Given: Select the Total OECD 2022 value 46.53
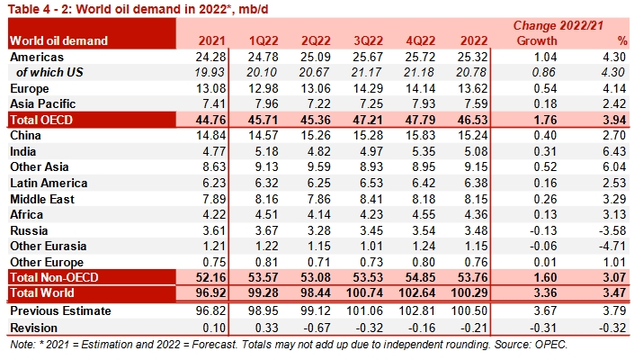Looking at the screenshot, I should coord(473,120).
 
